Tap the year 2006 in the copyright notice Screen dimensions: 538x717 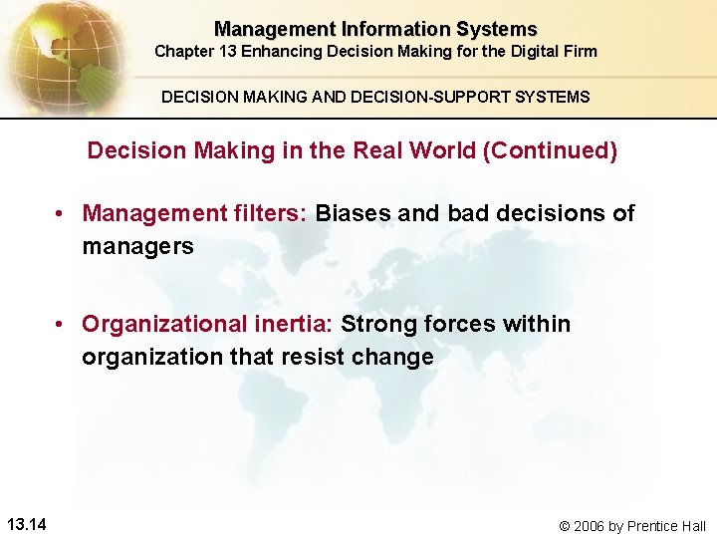pos(592,526)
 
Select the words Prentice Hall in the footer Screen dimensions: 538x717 pos(668,526)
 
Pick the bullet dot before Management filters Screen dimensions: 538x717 pos(62,213)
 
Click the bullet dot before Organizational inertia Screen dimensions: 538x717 pos(62,325)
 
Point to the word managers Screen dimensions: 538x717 pos(137,246)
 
